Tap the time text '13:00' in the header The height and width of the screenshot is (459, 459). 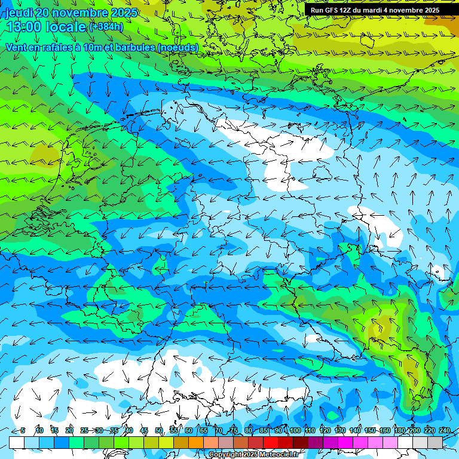pos(23,26)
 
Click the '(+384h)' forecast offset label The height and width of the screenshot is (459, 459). pos(106,26)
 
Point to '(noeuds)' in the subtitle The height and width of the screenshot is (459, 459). pos(177,47)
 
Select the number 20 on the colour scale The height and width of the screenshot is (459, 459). pos(69,430)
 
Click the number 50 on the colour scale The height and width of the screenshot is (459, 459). pos(159,430)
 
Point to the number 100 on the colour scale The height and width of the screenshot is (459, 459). pos(294,430)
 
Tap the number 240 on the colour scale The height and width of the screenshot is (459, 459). pos(444,430)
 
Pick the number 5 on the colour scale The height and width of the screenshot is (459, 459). pos(23,430)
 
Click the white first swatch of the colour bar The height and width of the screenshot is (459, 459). pos(17,442)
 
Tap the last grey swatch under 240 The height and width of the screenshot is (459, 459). pos(435,442)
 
